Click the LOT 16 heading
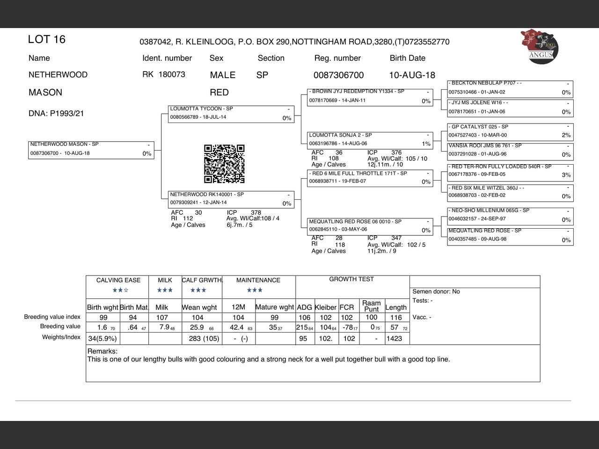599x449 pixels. tap(47, 40)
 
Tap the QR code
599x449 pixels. tap(224, 164)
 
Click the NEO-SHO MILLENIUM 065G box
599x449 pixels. tap(510, 216)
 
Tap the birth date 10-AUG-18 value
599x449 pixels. tap(412, 75)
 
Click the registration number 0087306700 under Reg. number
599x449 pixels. tap(338, 75)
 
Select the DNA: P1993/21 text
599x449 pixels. tap(56, 114)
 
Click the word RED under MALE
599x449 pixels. tap(219, 93)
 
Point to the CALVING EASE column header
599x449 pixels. tap(118, 280)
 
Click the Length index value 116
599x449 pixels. tap(396, 318)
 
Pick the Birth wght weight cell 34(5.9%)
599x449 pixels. tap(102, 339)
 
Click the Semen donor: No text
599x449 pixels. tap(436, 291)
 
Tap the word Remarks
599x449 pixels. tap(102, 351)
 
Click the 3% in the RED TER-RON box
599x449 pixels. tap(566, 175)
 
